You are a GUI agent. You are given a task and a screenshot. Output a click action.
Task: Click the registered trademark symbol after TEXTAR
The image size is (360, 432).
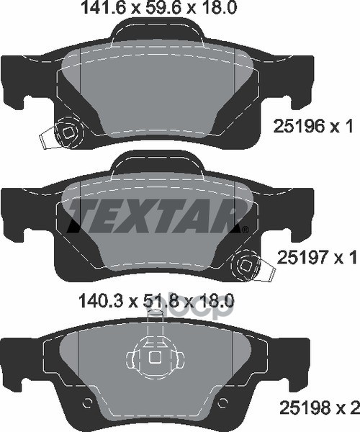pyautogui.click(x=246, y=229)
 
